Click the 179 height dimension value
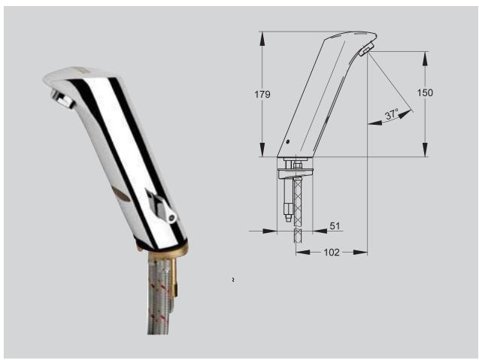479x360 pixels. pos(262,94)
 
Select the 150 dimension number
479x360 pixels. pos(425,92)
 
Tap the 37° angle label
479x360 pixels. pos(391,115)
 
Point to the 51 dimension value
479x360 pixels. pos(335,225)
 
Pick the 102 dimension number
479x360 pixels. pos(330,252)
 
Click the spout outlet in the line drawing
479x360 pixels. pos(366,50)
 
